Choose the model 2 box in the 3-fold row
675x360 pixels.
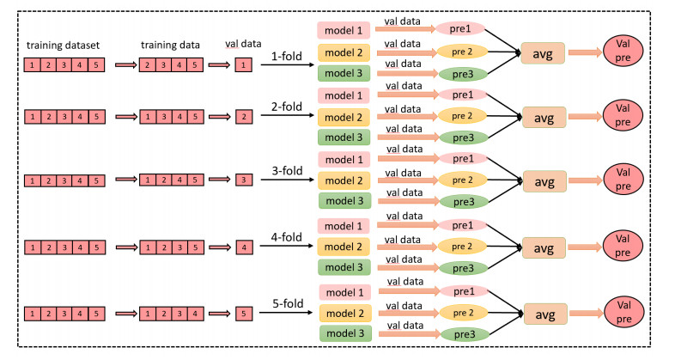point(343,180)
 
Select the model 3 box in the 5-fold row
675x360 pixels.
point(343,333)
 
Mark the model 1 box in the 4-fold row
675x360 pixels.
point(343,225)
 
